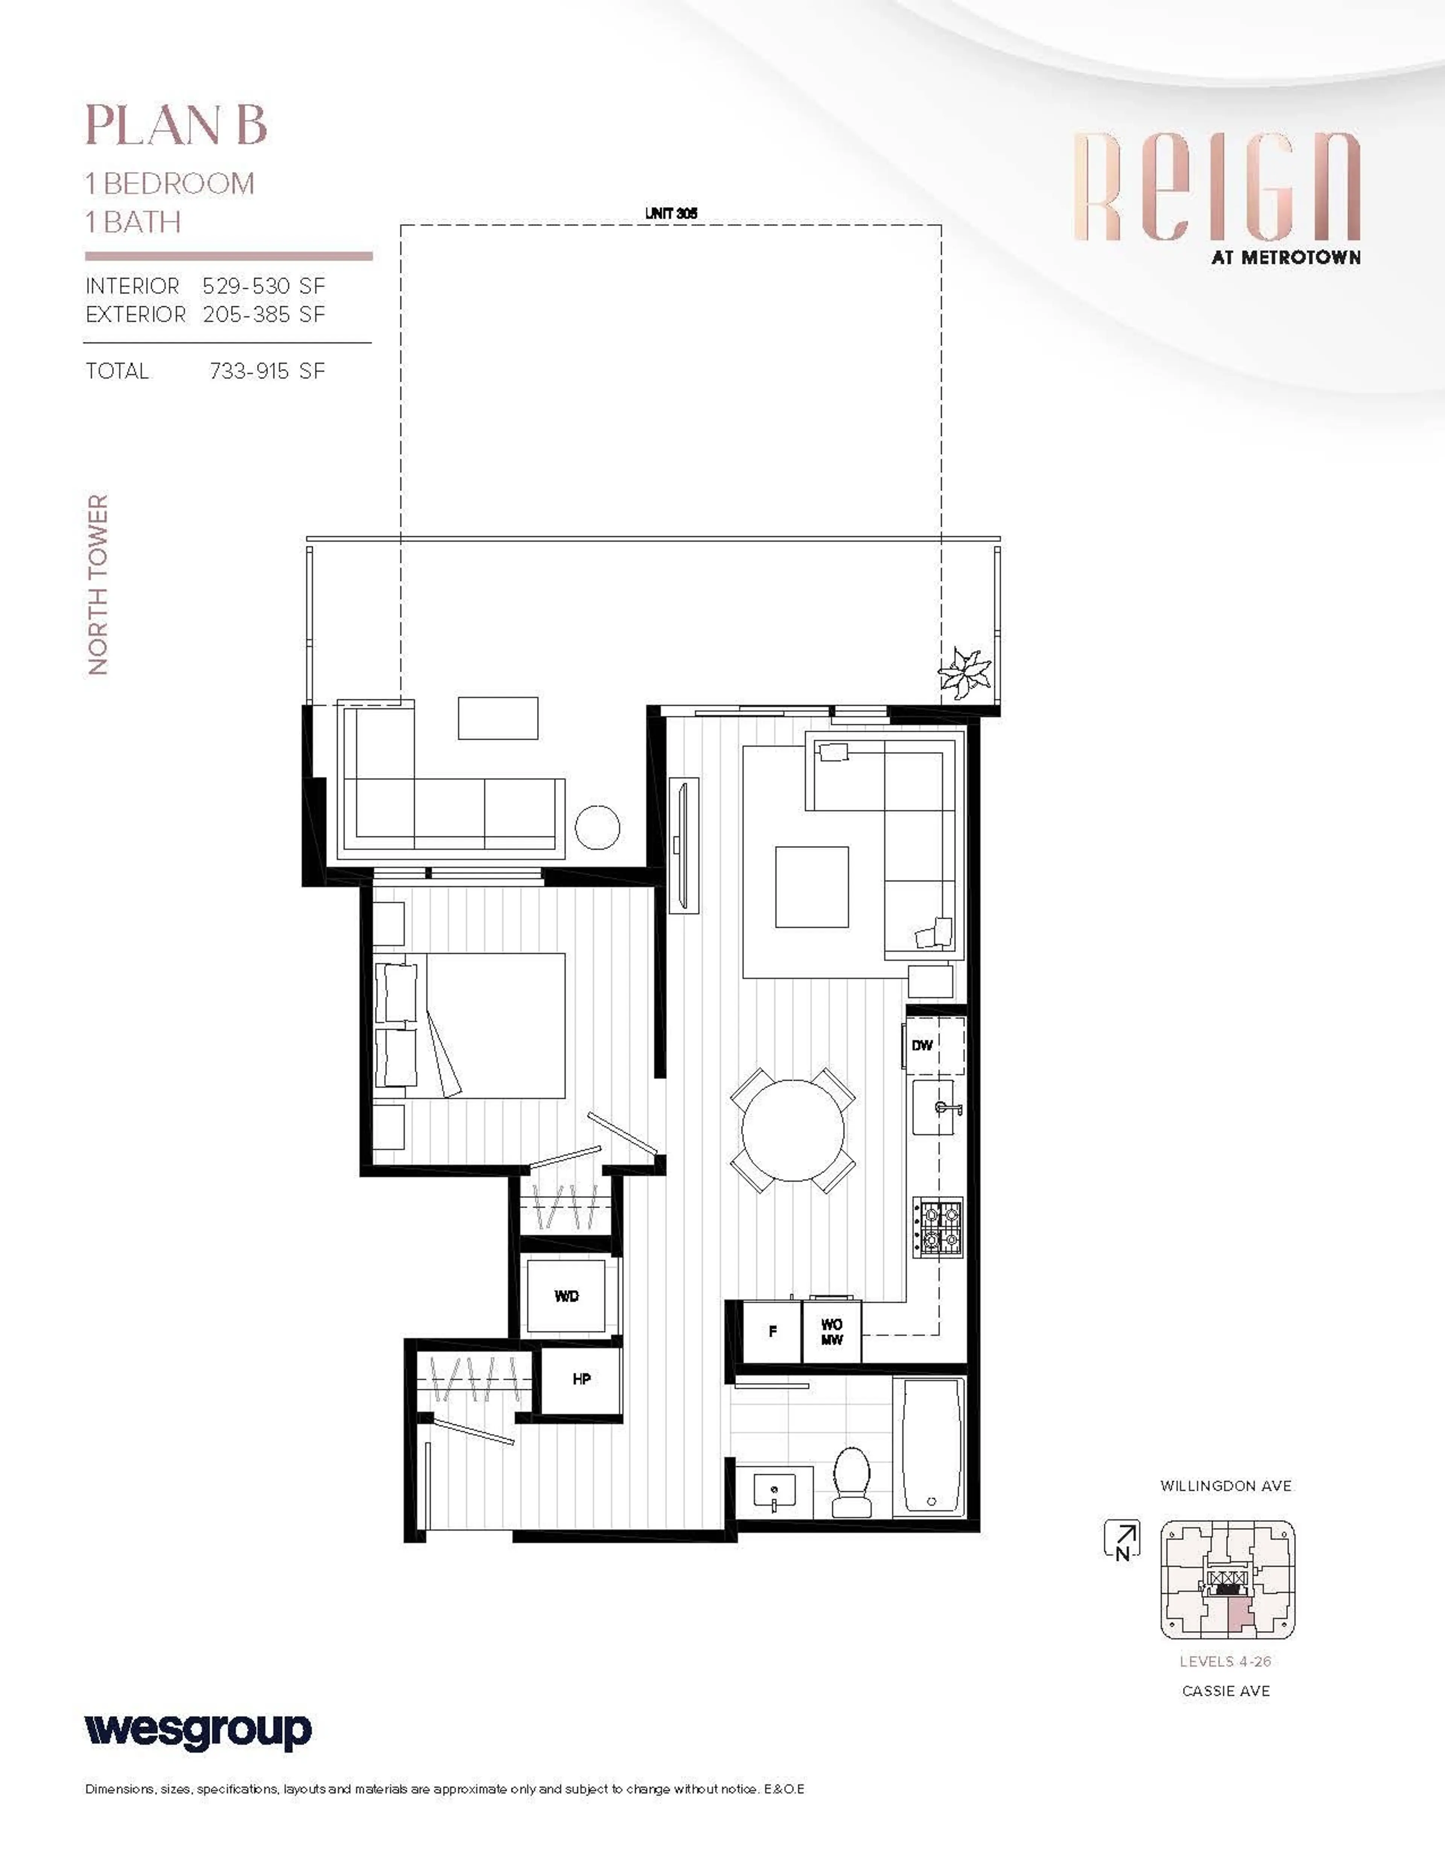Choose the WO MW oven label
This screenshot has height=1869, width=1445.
[831, 1332]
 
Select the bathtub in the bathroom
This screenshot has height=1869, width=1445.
[930, 1446]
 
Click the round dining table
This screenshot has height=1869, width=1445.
[793, 1130]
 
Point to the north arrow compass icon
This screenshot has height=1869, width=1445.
[1121, 1539]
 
